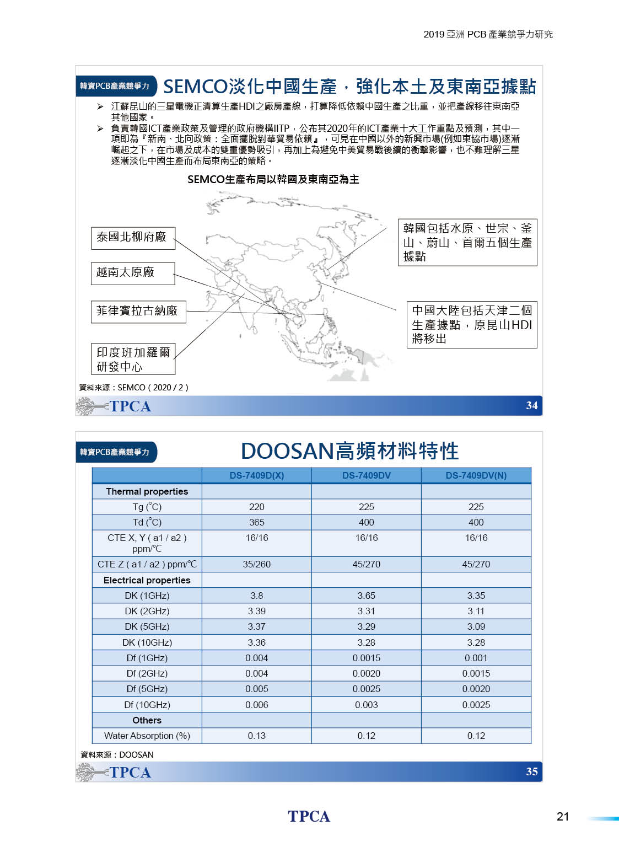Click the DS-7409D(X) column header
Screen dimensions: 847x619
[256, 475]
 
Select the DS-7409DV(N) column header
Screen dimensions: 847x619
[476, 475]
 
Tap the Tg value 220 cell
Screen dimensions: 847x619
[256, 507]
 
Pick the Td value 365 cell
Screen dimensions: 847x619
[256, 522]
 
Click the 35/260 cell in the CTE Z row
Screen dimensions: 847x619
[256, 564]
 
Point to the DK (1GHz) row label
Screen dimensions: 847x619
[147, 596]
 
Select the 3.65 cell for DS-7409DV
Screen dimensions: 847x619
[366, 596]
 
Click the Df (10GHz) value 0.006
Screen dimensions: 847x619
[256, 705]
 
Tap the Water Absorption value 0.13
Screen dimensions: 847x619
[256, 736]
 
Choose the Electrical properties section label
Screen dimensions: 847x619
[147, 580]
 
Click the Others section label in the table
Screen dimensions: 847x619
[147, 720]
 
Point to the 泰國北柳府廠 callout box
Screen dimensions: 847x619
[132, 238]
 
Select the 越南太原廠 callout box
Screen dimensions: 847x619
[132, 273]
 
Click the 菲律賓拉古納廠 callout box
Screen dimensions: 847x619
[138, 312]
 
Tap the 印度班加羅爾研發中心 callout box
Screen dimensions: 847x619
[133, 359]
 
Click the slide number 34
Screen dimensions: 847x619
[531, 406]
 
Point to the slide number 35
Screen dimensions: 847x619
[531, 771]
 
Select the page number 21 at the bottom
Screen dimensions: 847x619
[562, 817]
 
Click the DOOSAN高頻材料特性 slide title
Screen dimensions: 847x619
[349, 451]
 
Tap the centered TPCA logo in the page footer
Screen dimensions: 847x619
[309, 817]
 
